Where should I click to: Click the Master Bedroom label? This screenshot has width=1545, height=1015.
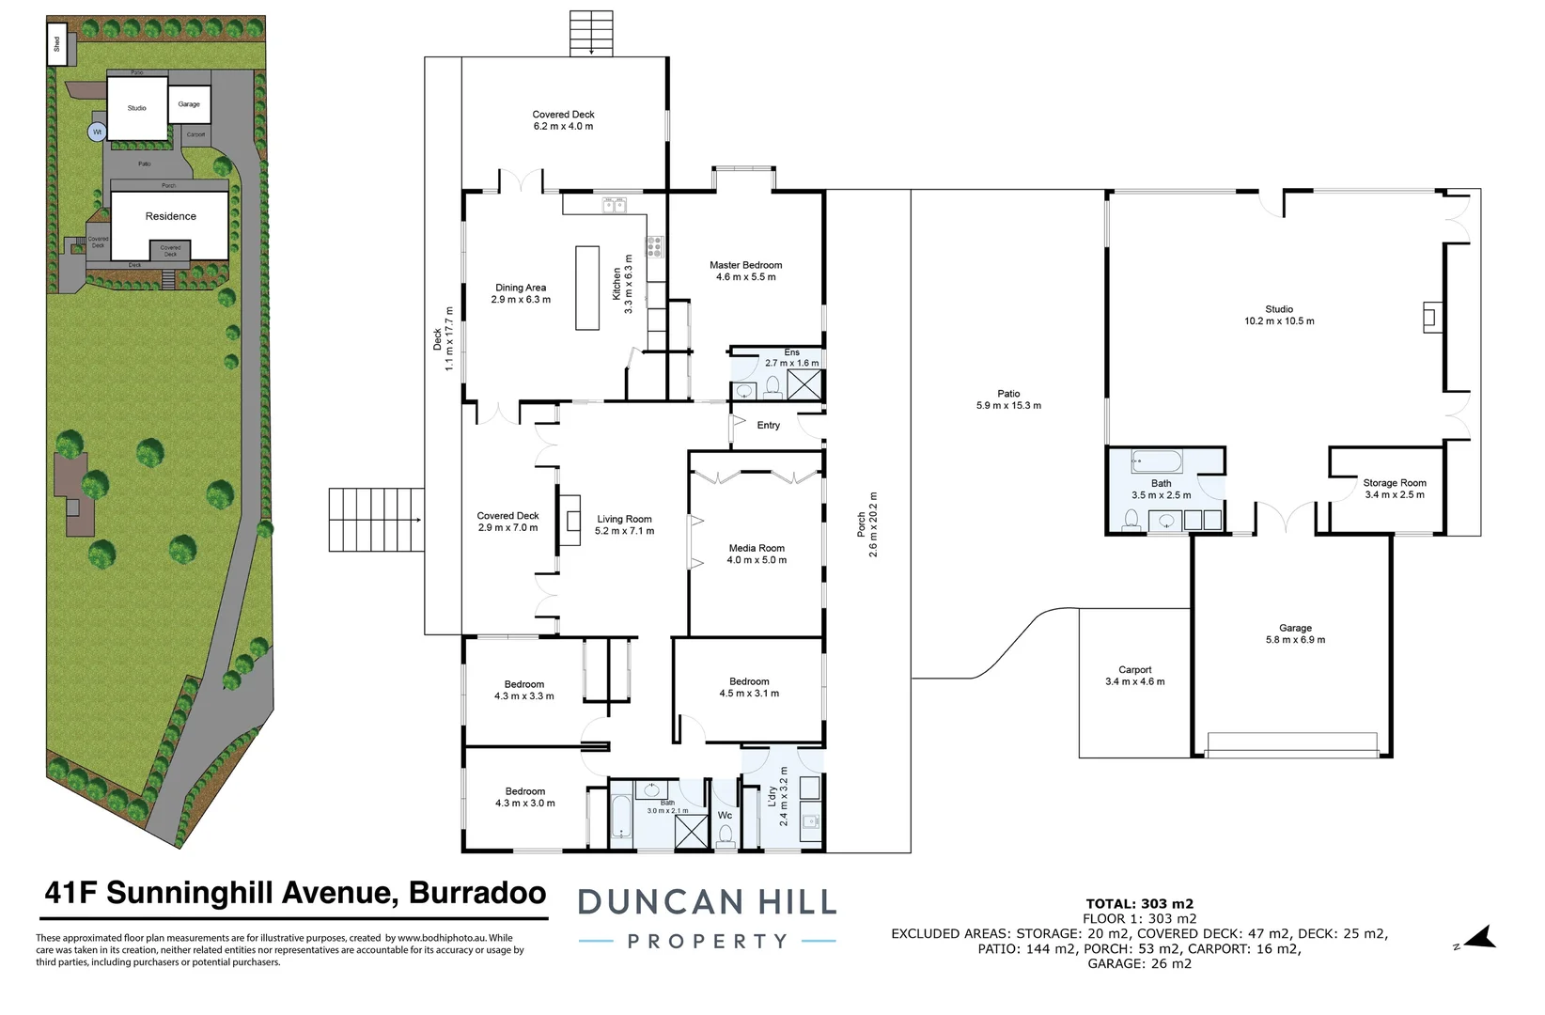pos(745,265)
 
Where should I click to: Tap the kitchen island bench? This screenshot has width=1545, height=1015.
pos(587,288)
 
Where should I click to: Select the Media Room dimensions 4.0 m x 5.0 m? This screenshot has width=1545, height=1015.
pos(757,560)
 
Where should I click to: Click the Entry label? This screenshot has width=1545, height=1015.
pos(768,426)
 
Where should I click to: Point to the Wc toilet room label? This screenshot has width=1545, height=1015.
pos(725,815)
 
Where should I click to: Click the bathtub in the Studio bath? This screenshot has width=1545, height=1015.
pos(1157,461)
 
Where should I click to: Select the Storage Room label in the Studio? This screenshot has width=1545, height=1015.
pos(1394,483)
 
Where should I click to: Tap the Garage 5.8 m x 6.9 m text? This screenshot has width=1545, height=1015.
pos(1295,640)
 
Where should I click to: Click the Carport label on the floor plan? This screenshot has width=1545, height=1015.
pos(1134,670)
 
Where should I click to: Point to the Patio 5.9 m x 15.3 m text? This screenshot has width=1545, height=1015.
pos(1008,406)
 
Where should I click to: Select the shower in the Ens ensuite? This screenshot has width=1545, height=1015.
pos(804,385)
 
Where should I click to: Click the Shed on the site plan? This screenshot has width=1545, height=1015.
pos(57,44)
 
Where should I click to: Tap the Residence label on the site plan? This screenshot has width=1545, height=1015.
pos(171,216)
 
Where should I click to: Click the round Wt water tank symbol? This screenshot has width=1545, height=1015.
pos(97,133)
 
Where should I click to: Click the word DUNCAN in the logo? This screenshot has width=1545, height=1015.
pos(660,903)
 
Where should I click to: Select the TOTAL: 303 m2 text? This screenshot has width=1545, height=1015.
pos(1139,904)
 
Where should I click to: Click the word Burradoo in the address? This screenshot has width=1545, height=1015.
pos(477,893)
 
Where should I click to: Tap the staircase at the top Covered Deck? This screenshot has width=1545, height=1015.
pos(591,33)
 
